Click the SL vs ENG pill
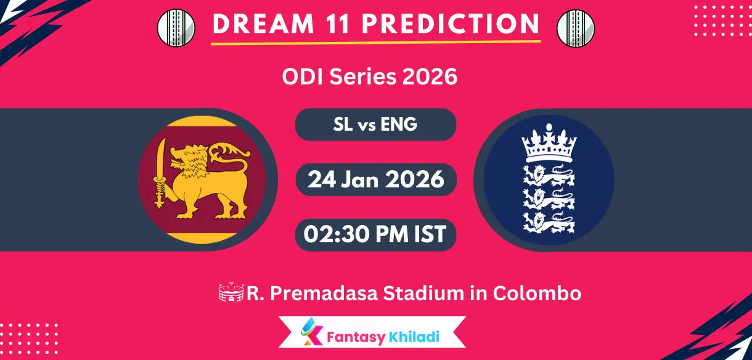[375, 125]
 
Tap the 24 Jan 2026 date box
[375, 179]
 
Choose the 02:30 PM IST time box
[375, 235]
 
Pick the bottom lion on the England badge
[549, 221]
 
